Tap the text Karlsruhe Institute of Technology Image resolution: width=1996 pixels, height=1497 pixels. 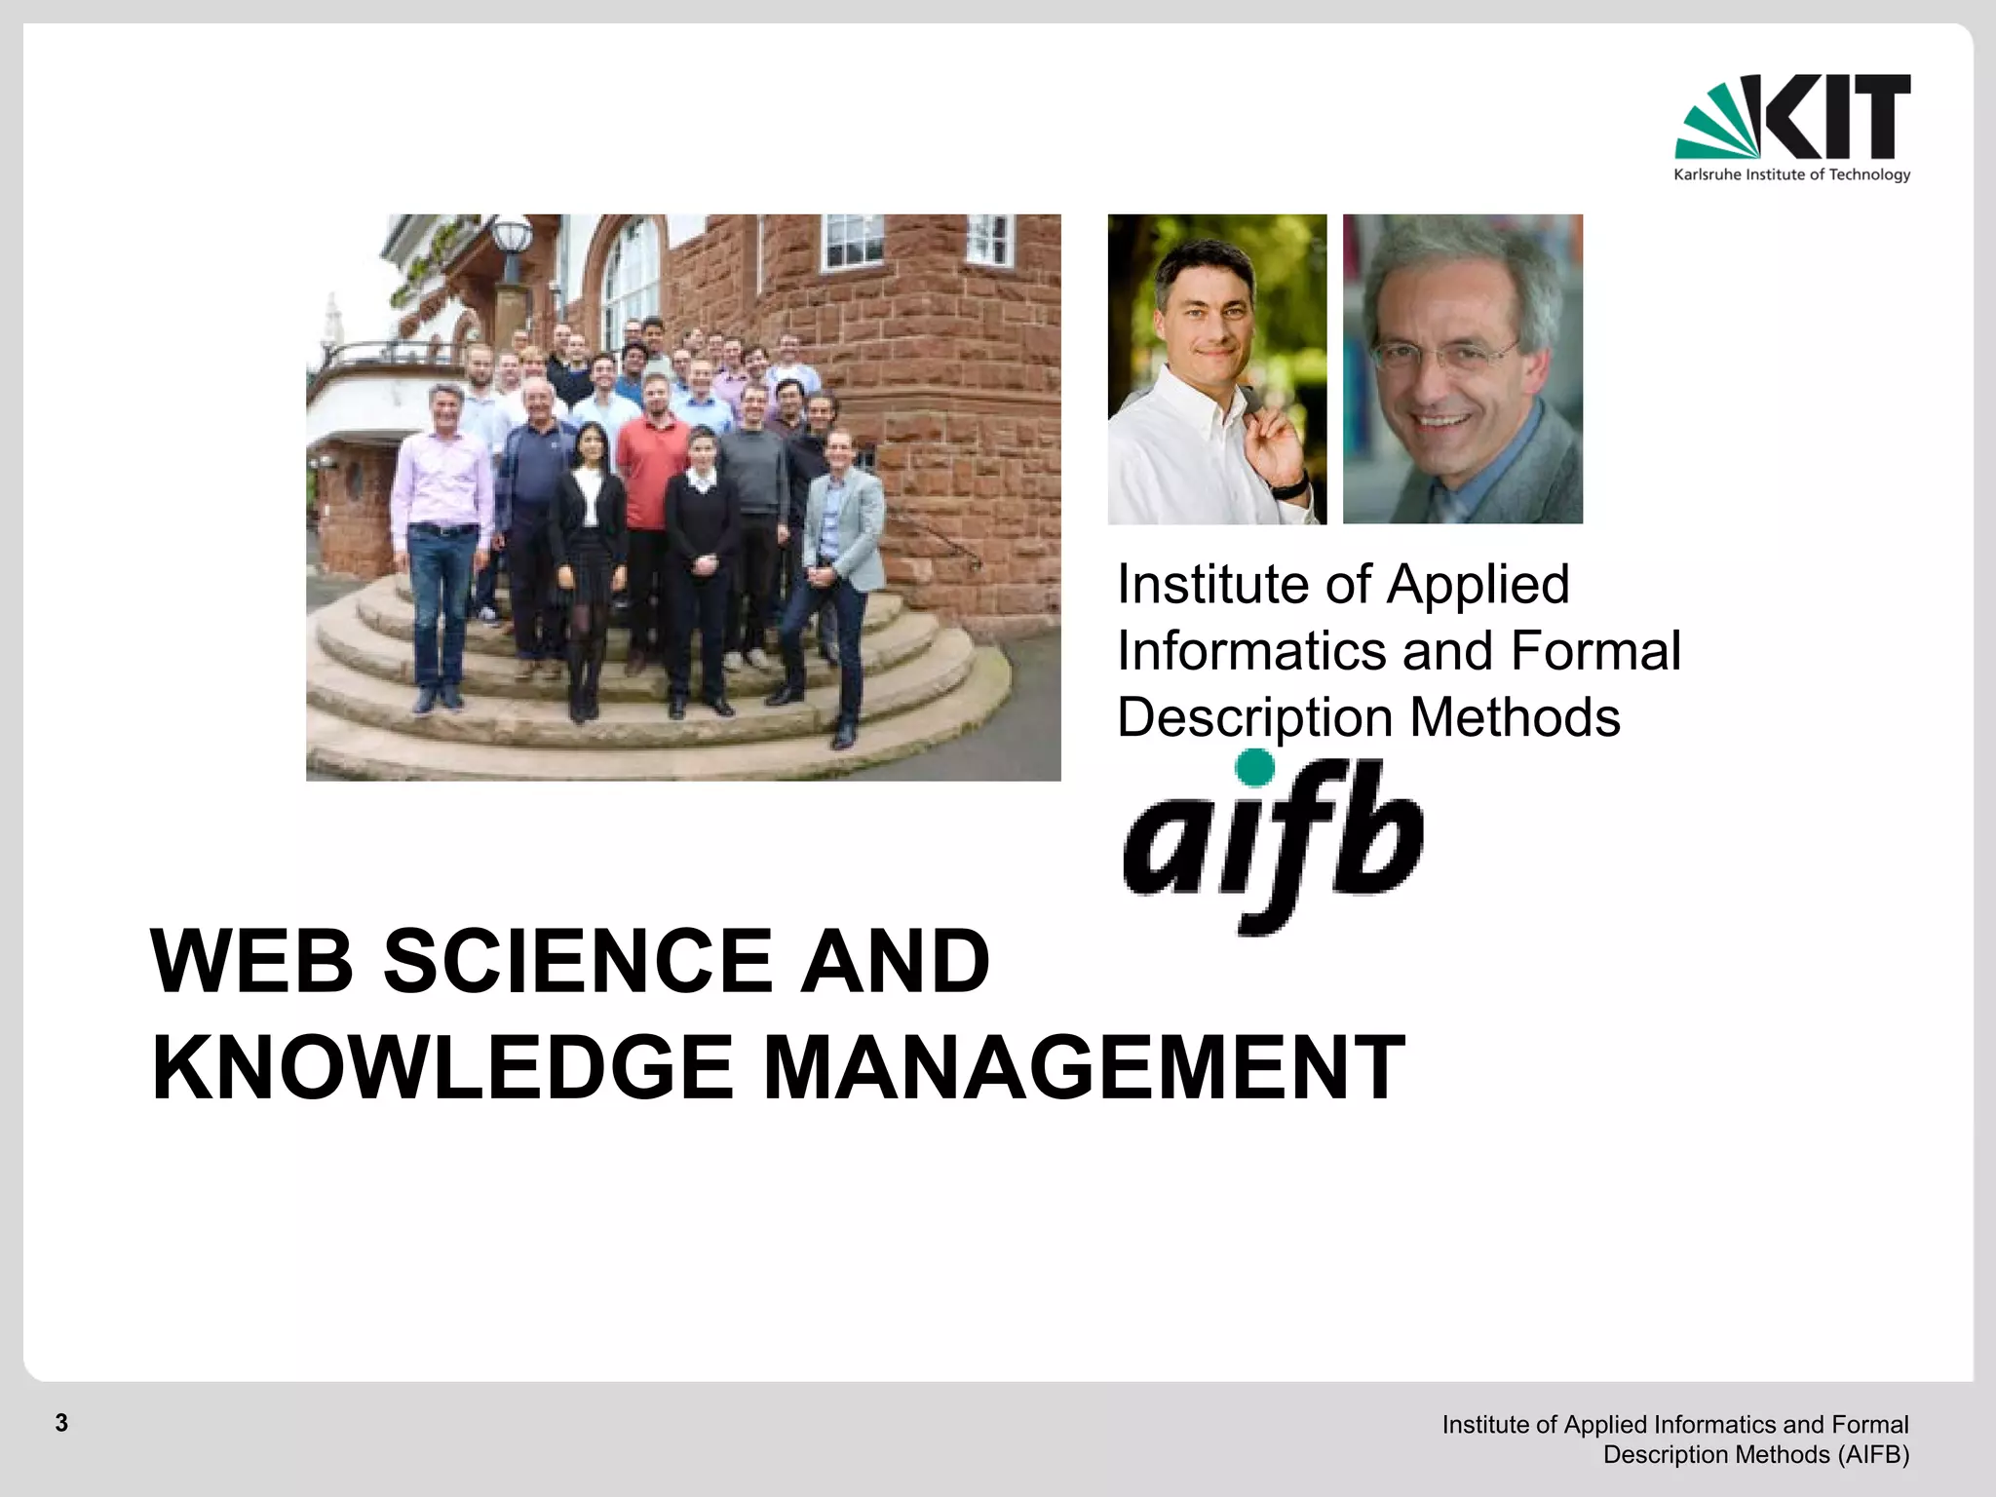click(1791, 175)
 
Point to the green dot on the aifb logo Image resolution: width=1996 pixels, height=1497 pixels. click(1254, 768)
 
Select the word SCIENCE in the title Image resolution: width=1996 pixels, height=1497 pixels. click(577, 961)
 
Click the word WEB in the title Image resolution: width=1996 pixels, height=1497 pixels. click(251, 961)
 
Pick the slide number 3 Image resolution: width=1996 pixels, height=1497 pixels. click(61, 1423)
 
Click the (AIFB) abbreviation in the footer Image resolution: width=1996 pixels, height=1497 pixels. click(1872, 1455)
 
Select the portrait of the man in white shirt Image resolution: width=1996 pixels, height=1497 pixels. click(1216, 369)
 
